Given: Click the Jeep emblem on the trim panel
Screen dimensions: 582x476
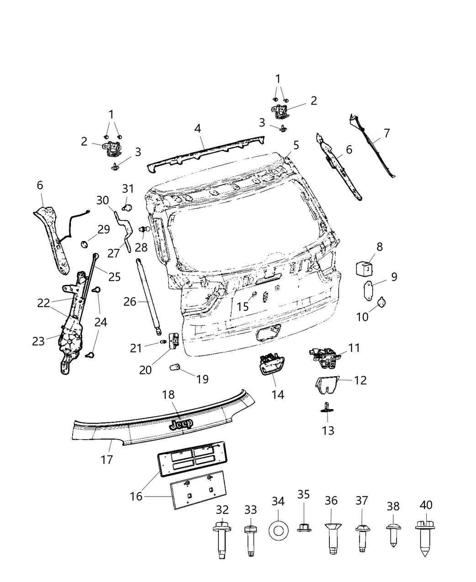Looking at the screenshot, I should [181, 424].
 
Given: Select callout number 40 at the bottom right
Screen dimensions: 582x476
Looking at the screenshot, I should [426, 505].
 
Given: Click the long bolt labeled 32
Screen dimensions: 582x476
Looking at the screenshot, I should [222, 542].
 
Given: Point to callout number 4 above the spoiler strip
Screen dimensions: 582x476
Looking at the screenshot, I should [197, 128].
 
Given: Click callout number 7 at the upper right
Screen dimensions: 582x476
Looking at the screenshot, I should [386, 133].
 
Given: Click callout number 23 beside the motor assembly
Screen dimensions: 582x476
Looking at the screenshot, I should [38, 341].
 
